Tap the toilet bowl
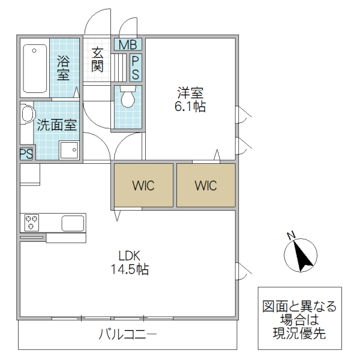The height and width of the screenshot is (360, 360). [x=127, y=98]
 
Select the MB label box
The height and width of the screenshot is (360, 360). [x=127, y=44]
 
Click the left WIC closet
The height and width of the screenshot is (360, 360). [x=143, y=185]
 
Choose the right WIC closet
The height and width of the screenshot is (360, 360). [x=205, y=185]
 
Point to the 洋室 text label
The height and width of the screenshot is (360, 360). [x=190, y=94]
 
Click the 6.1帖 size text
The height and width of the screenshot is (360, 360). [x=190, y=107]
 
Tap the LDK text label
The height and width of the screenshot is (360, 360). [x=128, y=255]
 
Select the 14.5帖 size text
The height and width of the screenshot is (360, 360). [x=129, y=269]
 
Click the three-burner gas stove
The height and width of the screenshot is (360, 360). [x=31, y=223]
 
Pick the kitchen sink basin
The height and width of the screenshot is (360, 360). [x=73, y=223]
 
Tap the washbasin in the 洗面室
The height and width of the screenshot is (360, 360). [x=25, y=113]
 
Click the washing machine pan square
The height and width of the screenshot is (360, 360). [x=68, y=150]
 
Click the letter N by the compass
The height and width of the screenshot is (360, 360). [x=290, y=235]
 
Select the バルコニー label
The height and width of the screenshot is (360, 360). [x=128, y=335]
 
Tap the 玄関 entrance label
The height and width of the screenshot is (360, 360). [x=97, y=59]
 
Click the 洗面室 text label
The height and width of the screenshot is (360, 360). [x=56, y=125]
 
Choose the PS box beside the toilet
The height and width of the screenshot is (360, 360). [x=136, y=68]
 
